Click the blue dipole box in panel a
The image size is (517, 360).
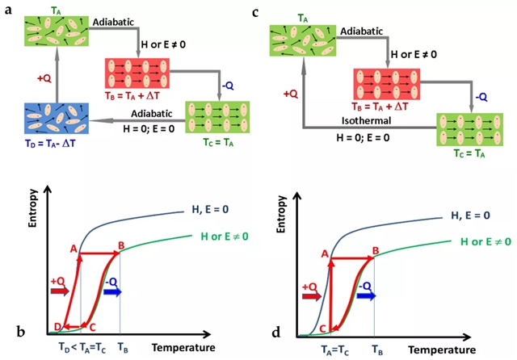point(52,119)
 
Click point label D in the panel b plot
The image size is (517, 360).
point(57,326)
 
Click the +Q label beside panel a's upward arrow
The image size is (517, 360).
point(44,79)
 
